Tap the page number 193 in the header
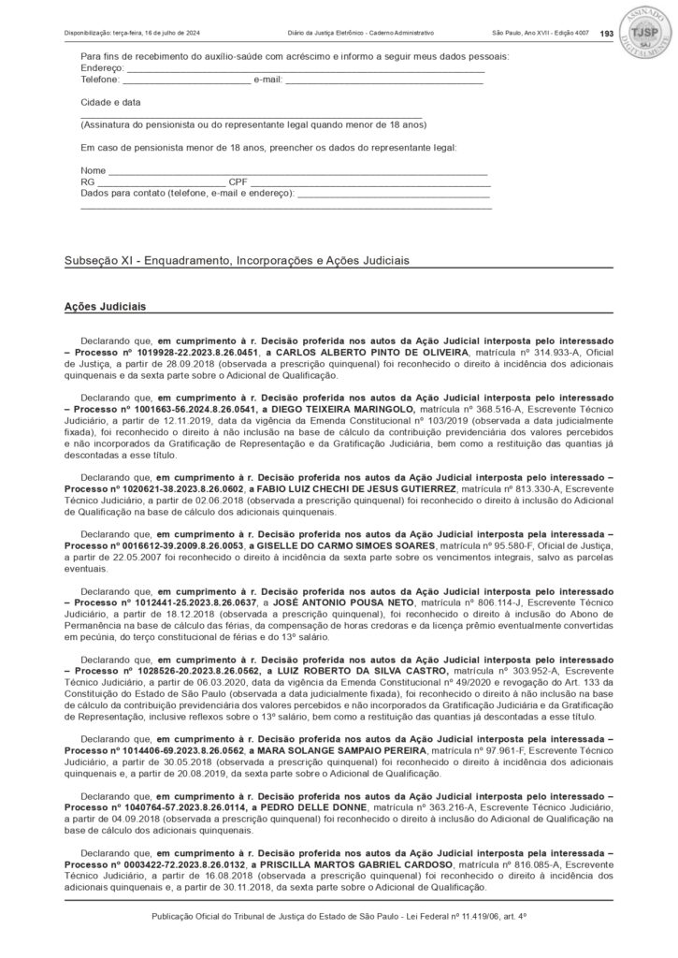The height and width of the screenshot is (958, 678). click(x=606, y=34)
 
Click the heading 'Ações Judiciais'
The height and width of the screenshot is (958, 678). click(x=104, y=305)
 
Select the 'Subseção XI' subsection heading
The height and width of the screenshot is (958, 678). click(x=237, y=260)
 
